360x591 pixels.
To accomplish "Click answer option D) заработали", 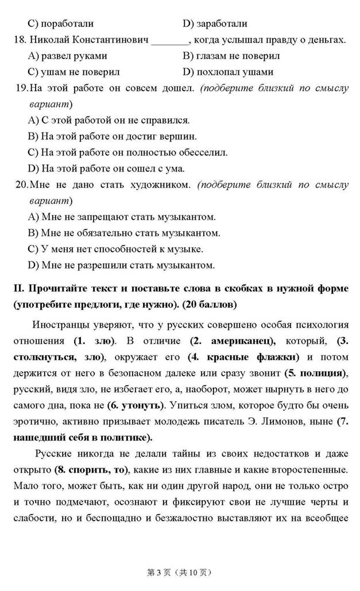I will click(x=215, y=24).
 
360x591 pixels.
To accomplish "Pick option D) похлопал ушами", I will click(x=228, y=72).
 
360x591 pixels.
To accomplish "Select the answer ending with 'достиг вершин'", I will click(x=112, y=137).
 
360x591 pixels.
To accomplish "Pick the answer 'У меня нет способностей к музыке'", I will click(x=115, y=249).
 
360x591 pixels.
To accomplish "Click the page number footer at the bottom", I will click(x=180, y=572).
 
